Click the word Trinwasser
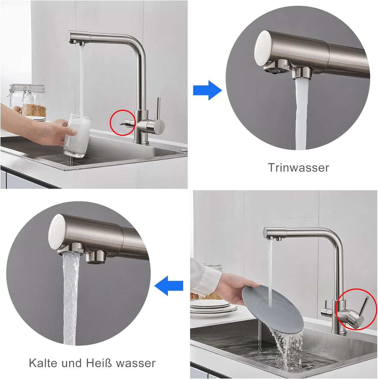(x=299, y=167)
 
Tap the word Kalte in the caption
(x=43, y=363)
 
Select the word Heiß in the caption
(x=99, y=363)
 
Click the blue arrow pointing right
(x=207, y=90)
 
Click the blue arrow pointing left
(x=169, y=285)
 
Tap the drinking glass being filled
(x=77, y=136)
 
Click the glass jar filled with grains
(x=34, y=101)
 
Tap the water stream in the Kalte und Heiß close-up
(x=70, y=297)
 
